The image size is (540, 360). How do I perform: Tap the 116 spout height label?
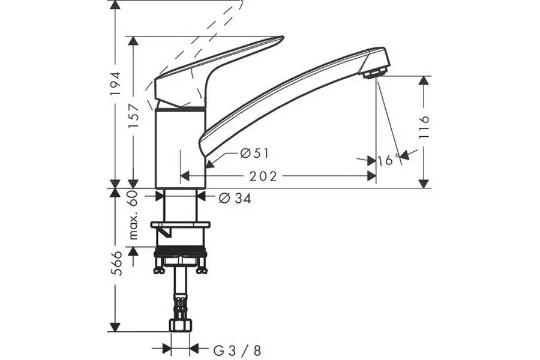click(x=425, y=127)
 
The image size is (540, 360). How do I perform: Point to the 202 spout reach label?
click(x=263, y=176)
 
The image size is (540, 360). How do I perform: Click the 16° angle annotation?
click(x=390, y=160)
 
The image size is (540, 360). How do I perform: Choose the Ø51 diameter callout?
click(x=253, y=154)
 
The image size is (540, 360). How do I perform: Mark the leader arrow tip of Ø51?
click(x=207, y=166)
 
